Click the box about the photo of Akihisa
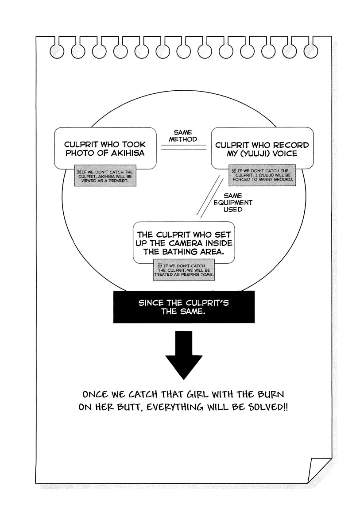pyautogui.click(x=105, y=148)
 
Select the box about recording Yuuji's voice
pyautogui.click(x=262, y=148)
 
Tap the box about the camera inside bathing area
pyautogui.click(x=184, y=242)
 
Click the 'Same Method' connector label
pyautogui.click(x=183, y=136)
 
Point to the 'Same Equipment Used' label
pyautogui.click(x=233, y=203)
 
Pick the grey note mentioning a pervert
pyautogui.click(x=105, y=176)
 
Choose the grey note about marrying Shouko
pyautogui.click(x=262, y=175)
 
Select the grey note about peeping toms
pyautogui.click(x=184, y=270)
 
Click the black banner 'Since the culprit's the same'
pyautogui.click(x=184, y=307)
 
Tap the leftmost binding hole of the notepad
pyautogui.click(x=57, y=51)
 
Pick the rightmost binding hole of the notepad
pyautogui.click(x=311, y=51)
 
